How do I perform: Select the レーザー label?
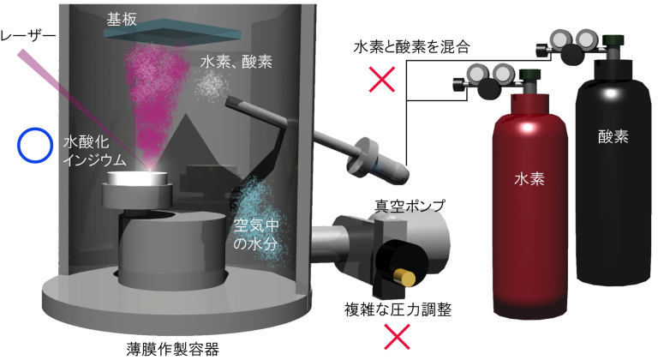[27, 37]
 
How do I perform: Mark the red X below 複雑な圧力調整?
[396, 338]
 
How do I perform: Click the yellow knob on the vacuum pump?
[405, 275]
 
